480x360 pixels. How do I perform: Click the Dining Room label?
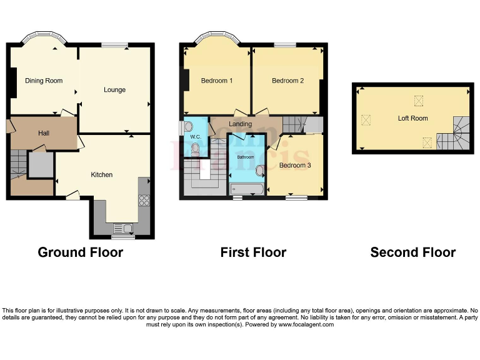pos(44,81)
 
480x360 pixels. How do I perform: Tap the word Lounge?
pos(114,90)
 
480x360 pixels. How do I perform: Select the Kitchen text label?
pos(102,174)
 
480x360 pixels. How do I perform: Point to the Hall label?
pos(44,133)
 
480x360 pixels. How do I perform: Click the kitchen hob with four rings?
pos(144,201)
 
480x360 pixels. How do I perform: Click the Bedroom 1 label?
pos(217,81)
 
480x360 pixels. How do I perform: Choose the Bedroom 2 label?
pos(287,81)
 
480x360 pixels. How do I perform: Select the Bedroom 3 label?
pos(295,166)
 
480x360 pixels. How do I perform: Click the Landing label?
pos(241,124)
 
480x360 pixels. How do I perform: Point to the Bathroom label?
pos(246,157)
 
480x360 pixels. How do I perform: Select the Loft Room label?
pos(412,118)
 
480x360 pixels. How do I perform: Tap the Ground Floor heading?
pos(81,252)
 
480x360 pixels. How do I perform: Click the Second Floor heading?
pos(412,252)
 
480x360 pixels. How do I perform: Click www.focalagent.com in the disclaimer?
pos(306,324)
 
